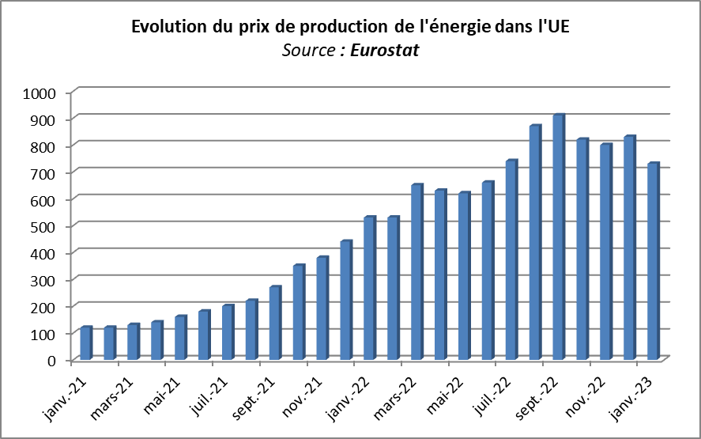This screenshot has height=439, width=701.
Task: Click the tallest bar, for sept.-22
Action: (559, 237)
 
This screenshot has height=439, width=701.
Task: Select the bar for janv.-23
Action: (653, 262)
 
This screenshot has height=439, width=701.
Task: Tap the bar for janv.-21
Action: (86, 343)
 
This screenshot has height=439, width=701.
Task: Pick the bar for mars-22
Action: (417, 272)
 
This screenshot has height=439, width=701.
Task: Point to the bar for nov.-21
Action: (322, 308)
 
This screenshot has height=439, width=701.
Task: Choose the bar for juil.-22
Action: (511, 260)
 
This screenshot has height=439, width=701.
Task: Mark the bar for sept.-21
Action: (275, 324)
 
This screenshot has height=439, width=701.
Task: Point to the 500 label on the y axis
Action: (43, 226)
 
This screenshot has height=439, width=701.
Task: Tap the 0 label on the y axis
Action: (52, 360)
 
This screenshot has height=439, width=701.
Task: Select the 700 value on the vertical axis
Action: (43, 172)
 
